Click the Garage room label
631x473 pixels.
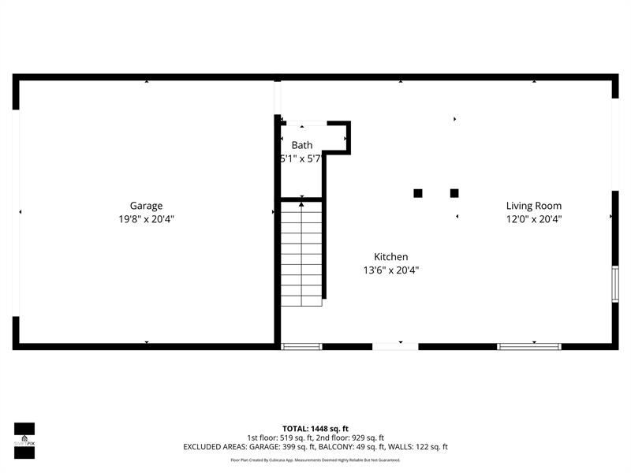click(x=146, y=207)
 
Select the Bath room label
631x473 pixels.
click(x=302, y=145)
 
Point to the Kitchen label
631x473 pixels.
click(x=390, y=257)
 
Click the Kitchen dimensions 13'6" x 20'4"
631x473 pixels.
click(x=390, y=270)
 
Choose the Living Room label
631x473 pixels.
click(x=534, y=207)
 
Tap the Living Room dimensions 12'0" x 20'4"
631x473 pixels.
click(x=534, y=220)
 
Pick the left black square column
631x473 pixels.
click(x=418, y=193)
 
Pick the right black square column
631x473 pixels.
click(x=454, y=193)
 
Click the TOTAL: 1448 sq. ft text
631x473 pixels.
click(x=315, y=429)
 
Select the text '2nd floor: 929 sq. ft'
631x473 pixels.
click(x=349, y=438)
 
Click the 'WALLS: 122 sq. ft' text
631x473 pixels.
click(x=423, y=447)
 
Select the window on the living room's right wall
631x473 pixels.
click(x=614, y=284)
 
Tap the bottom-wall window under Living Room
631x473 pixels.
click(x=528, y=346)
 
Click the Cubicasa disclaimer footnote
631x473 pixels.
click(x=315, y=460)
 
